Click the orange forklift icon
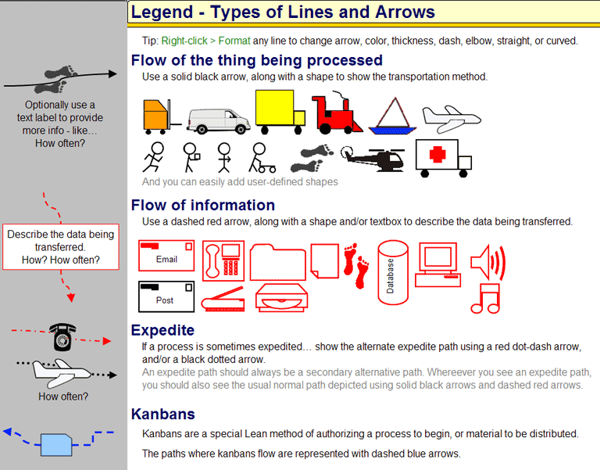coord(161,116)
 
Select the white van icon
coord(219,121)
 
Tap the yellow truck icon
coord(280,112)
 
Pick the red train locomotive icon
coord(336,113)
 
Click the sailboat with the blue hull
coord(393,116)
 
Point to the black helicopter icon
coord(373,159)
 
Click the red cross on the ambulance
coord(437,155)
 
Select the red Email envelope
coord(166,256)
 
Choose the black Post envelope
coord(166,297)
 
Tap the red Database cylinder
coord(393,273)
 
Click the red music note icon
coord(486,299)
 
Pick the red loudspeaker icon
coord(487,263)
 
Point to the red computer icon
coord(438,264)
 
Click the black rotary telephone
coord(62,336)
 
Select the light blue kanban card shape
coord(56,445)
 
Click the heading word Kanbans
coord(163,414)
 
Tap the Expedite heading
coord(162,330)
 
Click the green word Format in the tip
coord(234,41)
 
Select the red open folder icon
coord(278,263)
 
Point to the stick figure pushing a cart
coord(262,158)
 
